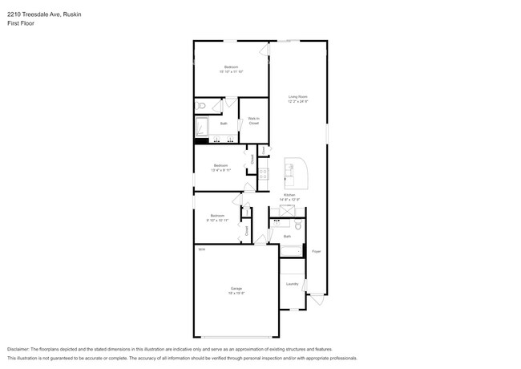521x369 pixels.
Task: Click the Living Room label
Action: [299, 97]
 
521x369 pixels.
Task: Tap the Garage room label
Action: [236, 288]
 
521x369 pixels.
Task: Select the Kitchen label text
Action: [288, 195]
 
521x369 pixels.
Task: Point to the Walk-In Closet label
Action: [253, 121]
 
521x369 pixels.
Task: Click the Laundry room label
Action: [293, 284]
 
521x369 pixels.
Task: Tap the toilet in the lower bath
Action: [297, 227]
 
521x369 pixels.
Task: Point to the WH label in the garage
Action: [202, 249]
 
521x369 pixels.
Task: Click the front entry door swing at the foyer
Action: [317, 302]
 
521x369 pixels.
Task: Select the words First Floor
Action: [22, 23]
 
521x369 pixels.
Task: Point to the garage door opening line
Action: [236, 337]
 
